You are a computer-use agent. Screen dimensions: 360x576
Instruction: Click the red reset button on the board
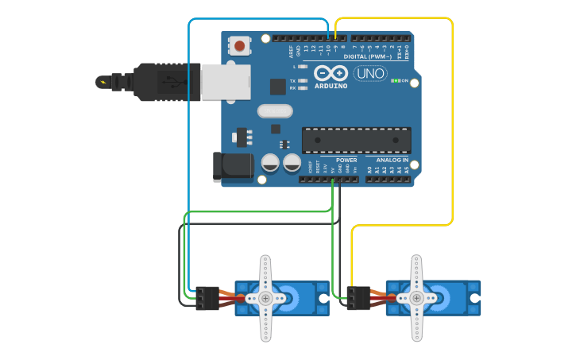click(x=238, y=46)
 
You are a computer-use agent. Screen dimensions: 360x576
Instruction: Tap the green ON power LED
click(x=396, y=81)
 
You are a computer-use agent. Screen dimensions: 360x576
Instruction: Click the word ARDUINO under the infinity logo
click(x=331, y=85)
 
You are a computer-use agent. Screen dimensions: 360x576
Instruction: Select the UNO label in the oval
click(x=370, y=73)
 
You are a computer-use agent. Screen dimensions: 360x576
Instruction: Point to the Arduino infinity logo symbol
click(x=330, y=72)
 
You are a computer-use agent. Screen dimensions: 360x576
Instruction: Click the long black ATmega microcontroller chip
click(x=357, y=140)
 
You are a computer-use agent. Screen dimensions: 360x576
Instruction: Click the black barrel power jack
click(x=233, y=165)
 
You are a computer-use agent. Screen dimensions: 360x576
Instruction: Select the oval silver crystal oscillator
click(x=275, y=111)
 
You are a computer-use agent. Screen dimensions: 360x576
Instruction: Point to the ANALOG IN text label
click(x=392, y=160)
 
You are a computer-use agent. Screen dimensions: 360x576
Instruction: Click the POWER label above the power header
click(x=346, y=160)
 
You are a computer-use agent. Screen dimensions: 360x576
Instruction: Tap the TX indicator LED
click(x=303, y=81)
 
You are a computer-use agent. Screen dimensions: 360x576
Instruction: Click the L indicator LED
click(x=303, y=67)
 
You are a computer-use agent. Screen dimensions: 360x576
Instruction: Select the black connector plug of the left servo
click(x=207, y=298)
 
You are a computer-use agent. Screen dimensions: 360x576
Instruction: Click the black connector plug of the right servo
click(x=358, y=298)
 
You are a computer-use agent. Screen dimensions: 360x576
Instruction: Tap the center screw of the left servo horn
click(x=265, y=298)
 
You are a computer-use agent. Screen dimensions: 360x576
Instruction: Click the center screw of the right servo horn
click(x=416, y=298)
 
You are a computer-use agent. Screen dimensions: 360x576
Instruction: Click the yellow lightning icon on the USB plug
click(x=102, y=81)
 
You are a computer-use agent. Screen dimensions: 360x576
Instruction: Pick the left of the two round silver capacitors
click(x=270, y=164)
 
